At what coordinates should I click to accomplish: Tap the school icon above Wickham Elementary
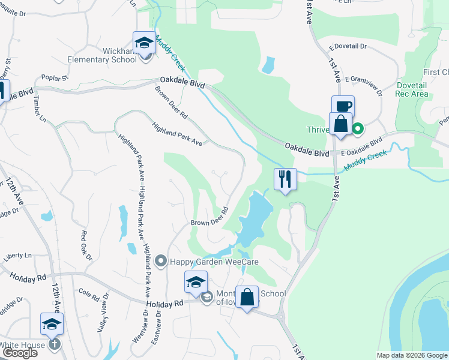[x=144, y=43]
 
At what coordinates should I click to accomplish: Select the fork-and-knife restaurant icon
[x=285, y=179]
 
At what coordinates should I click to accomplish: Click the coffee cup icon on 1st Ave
[x=343, y=107]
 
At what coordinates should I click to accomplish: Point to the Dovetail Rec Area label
[x=412, y=89]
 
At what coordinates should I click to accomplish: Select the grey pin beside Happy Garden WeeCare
[x=160, y=260]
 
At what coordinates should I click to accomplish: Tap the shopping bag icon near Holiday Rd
[x=247, y=297]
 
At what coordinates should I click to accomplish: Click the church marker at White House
[x=54, y=344]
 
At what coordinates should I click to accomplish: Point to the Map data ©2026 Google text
[x=412, y=355]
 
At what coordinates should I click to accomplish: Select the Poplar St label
[x=55, y=77]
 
